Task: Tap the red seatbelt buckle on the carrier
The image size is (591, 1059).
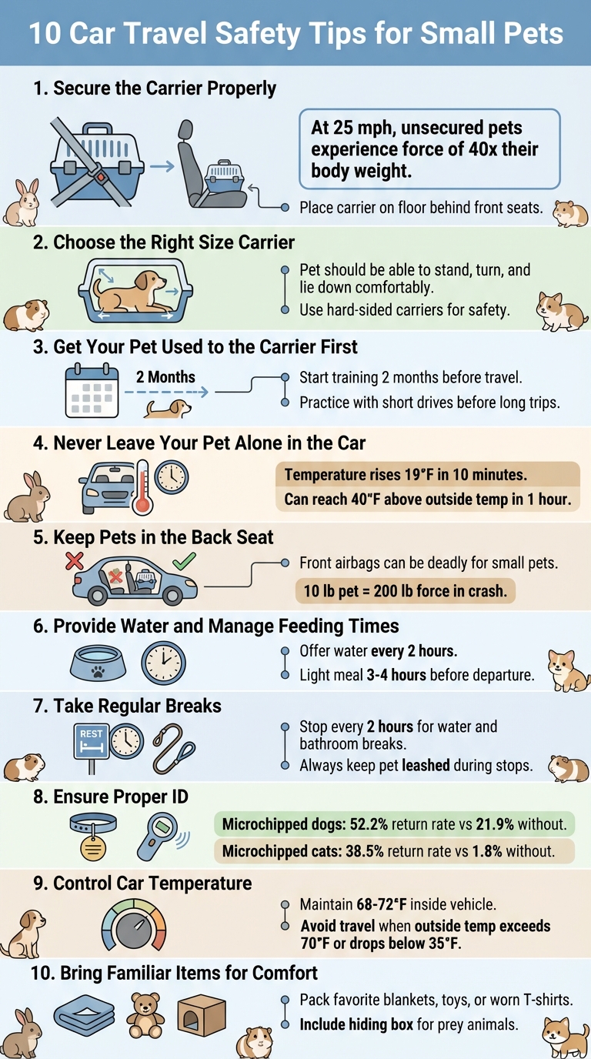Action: pos(98,176)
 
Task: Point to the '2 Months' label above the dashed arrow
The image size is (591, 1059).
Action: pos(165,378)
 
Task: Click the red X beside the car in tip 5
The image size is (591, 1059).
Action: pos(75,561)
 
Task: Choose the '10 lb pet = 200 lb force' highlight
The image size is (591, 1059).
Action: pos(405,590)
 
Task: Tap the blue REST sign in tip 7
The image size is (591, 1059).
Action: pos(91,735)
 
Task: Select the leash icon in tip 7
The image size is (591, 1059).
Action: pos(173,745)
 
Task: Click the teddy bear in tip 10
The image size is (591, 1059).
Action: pos(145,1014)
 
